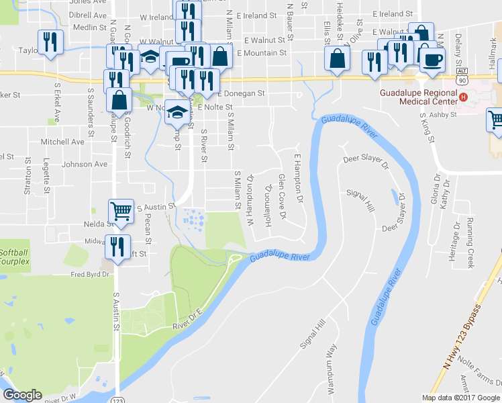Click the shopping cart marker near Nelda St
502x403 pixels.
tap(121, 210)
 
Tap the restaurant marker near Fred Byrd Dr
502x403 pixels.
tap(118, 247)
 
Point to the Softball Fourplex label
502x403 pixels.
tap(14, 257)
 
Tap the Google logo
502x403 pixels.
tap(22, 395)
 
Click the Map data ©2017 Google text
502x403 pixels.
tap(461, 398)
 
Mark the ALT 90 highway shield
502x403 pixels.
tap(460, 76)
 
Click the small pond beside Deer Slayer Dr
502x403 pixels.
tap(393, 197)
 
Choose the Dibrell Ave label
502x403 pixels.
tap(88, 15)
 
